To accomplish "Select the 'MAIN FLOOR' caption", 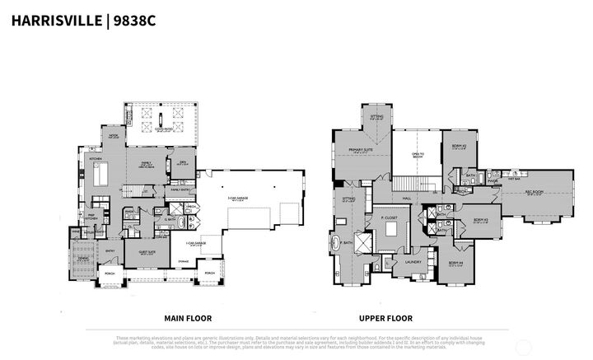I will [188, 317].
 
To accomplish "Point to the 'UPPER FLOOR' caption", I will [385, 317].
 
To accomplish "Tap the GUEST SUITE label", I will [148, 252].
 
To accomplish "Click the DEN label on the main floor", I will [184, 163].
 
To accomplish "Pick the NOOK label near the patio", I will [114, 135].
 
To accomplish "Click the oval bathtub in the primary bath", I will [337, 245].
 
